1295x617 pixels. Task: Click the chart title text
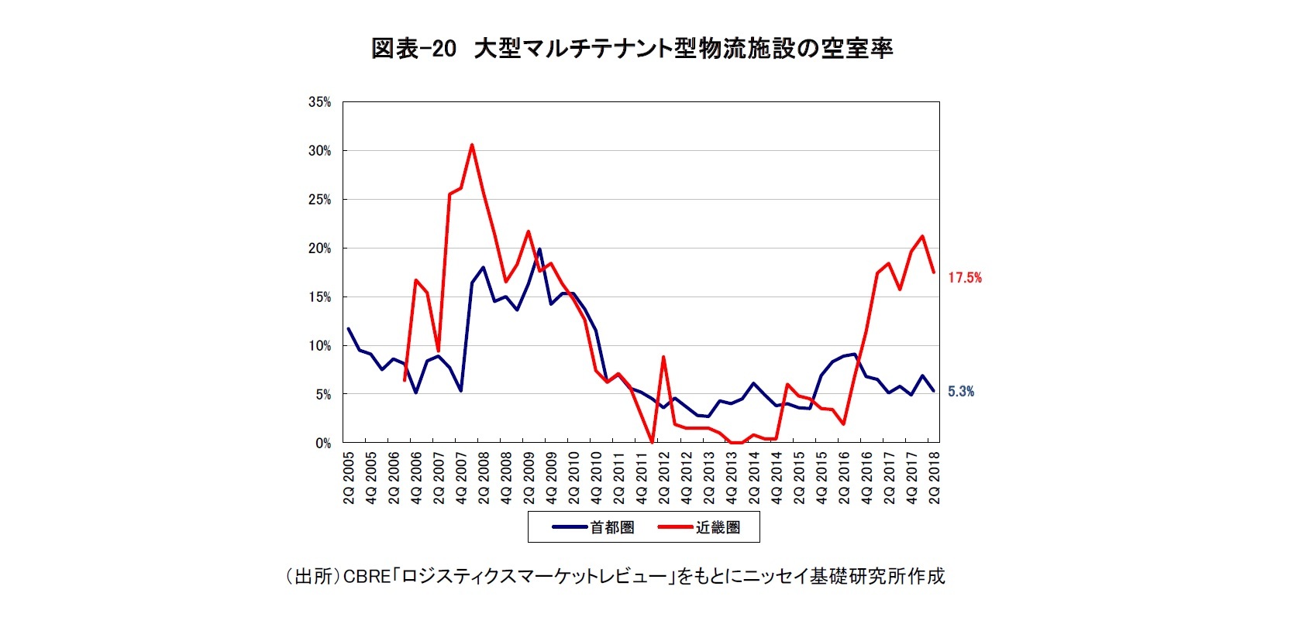pyautogui.click(x=632, y=49)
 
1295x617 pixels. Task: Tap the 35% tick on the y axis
pyautogui.click(x=319, y=102)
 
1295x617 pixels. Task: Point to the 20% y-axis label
pyautogui.click(x=319, y=249)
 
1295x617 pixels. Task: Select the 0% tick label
pyautogui.click(x=322, y=444)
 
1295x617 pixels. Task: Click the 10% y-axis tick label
pyautogui.click(x=319, y=346)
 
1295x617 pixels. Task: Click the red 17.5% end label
pyautogui.click(x=965, y=278)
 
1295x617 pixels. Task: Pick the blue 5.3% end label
pyautogui.click(x=961, y=392)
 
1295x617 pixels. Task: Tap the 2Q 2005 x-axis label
pyautogui.click(x=348, y=478)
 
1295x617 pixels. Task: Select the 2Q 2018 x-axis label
pyautogui.click(x=934, y=478)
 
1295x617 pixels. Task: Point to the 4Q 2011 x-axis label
pyautogui.click(x=641, y=478)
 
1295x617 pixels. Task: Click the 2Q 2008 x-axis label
pyautogui.click(x=483, y=478)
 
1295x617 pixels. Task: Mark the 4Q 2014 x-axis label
pyautogui.click(x=777, y=478)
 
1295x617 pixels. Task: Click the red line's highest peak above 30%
pyautogui.click(x=472, y=145)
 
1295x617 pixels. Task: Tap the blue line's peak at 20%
pyautogui.click(x=539, y=249)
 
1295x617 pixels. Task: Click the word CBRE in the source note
pyautogui.click(x=367, y=577)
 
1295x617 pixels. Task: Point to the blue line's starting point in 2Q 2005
pyautogui.click(x=348, y=329)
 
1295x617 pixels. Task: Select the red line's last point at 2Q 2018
pyautogui.click(x=934, y=273)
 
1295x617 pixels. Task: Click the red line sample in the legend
pyautogui.click(x=675, y=528)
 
